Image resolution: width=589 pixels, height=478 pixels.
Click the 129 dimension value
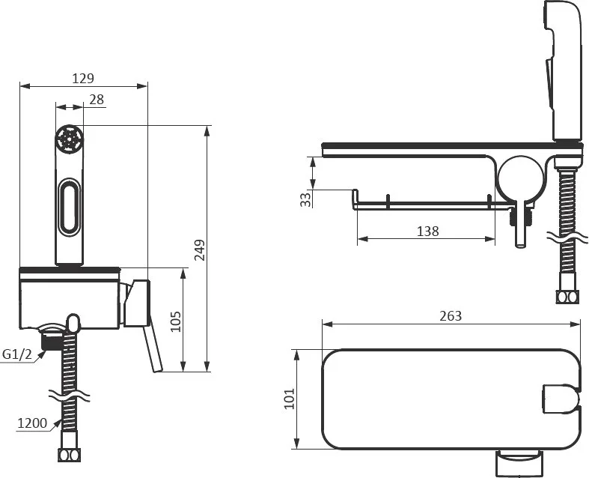click(x=83, y=78)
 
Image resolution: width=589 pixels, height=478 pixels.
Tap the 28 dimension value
click(x=97, y=100)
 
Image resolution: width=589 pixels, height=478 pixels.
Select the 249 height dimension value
click(x=200, y=249)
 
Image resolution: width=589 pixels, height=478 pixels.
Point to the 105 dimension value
click(x=175, y=321)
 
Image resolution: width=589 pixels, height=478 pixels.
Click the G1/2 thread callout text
click(x=17, y=354)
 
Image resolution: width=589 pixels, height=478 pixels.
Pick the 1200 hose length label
click(x=32, y=423)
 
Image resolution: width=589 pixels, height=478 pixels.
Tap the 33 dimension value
click(x=307, y=199)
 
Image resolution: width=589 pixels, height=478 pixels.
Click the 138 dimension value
click(x=428, y=231)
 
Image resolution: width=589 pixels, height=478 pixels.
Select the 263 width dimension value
click(x=451, y=316)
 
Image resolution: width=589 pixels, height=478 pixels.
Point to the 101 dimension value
click(x=289, y=399)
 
